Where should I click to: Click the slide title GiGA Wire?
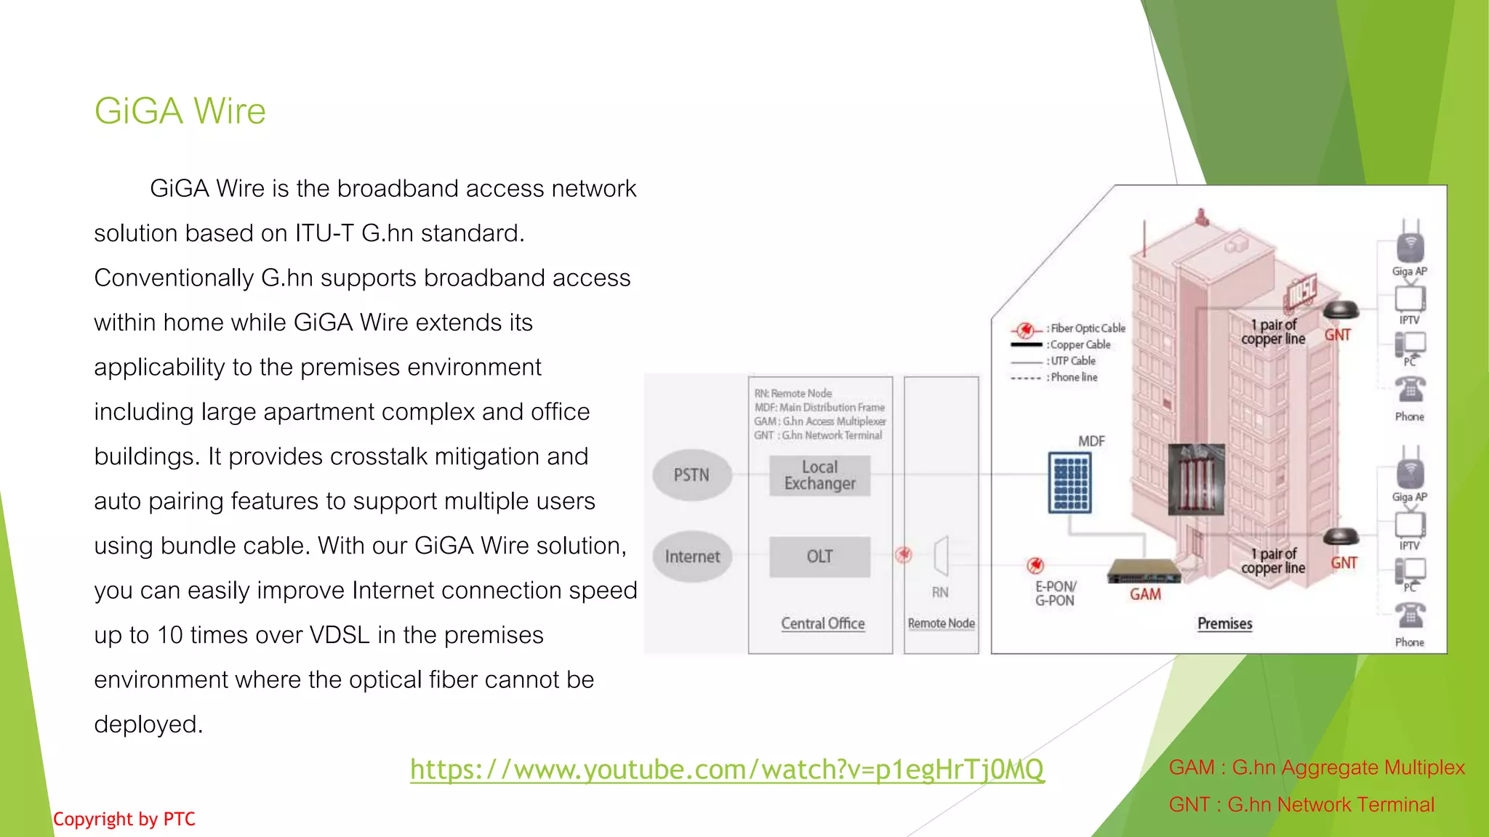point(180,111)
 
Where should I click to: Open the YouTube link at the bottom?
point(727,769)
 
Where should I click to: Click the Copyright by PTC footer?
point(124,820)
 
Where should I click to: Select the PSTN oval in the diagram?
point(691,475)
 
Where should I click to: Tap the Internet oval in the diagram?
point(692,557)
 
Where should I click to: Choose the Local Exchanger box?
point(819,476)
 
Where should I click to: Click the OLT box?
point(819,557)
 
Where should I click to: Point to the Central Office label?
point(823,623)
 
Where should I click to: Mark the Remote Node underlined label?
point(942,623)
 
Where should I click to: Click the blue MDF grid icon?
point(1070,482)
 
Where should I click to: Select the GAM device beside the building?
point(1143,572)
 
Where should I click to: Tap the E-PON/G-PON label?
point(1055,594)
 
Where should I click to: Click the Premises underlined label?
point(1225,623)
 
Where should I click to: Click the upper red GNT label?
point(1338,335)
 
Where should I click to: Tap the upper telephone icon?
point(1410,389)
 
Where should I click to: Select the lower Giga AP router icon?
point(1410,472)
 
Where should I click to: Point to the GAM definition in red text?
point(1317,767)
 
